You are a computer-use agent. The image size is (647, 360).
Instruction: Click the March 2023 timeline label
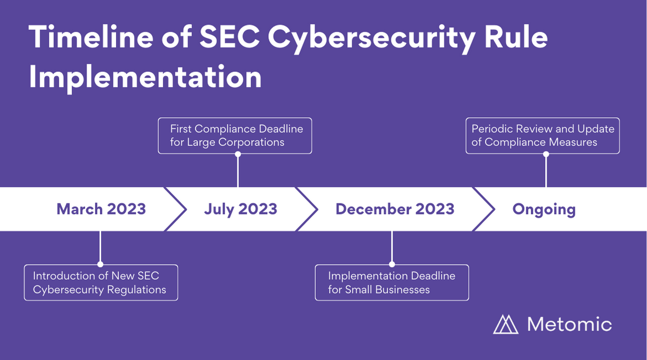click(x=101, y=209)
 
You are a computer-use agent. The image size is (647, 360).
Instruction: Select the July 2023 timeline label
click(x=241, y=209)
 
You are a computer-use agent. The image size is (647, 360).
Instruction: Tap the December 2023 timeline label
click(x=395, y=209)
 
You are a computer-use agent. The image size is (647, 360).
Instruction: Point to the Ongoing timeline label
click(x=544, y=210)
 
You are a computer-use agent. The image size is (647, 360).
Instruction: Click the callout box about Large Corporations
click(x=235, y=135)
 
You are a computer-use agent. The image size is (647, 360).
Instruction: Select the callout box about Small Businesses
click(x=392, y=283)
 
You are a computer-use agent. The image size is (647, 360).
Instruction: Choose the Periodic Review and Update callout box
click(x=542, y=135)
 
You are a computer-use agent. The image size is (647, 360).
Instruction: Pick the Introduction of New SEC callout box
click(x=101, y=283)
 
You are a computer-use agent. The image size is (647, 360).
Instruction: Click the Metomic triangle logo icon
click(x=505, y=324)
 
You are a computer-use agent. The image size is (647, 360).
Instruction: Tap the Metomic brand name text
click(x=570, y=324)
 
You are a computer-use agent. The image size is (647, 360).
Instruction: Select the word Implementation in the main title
click(x=145, y=77)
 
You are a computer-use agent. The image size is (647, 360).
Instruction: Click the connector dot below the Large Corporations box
click(x=238, y=154)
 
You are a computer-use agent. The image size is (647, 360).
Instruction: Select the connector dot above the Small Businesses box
click(x=392, y=264)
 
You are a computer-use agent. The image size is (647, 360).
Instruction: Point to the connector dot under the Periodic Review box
click(x=546, y=154)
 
